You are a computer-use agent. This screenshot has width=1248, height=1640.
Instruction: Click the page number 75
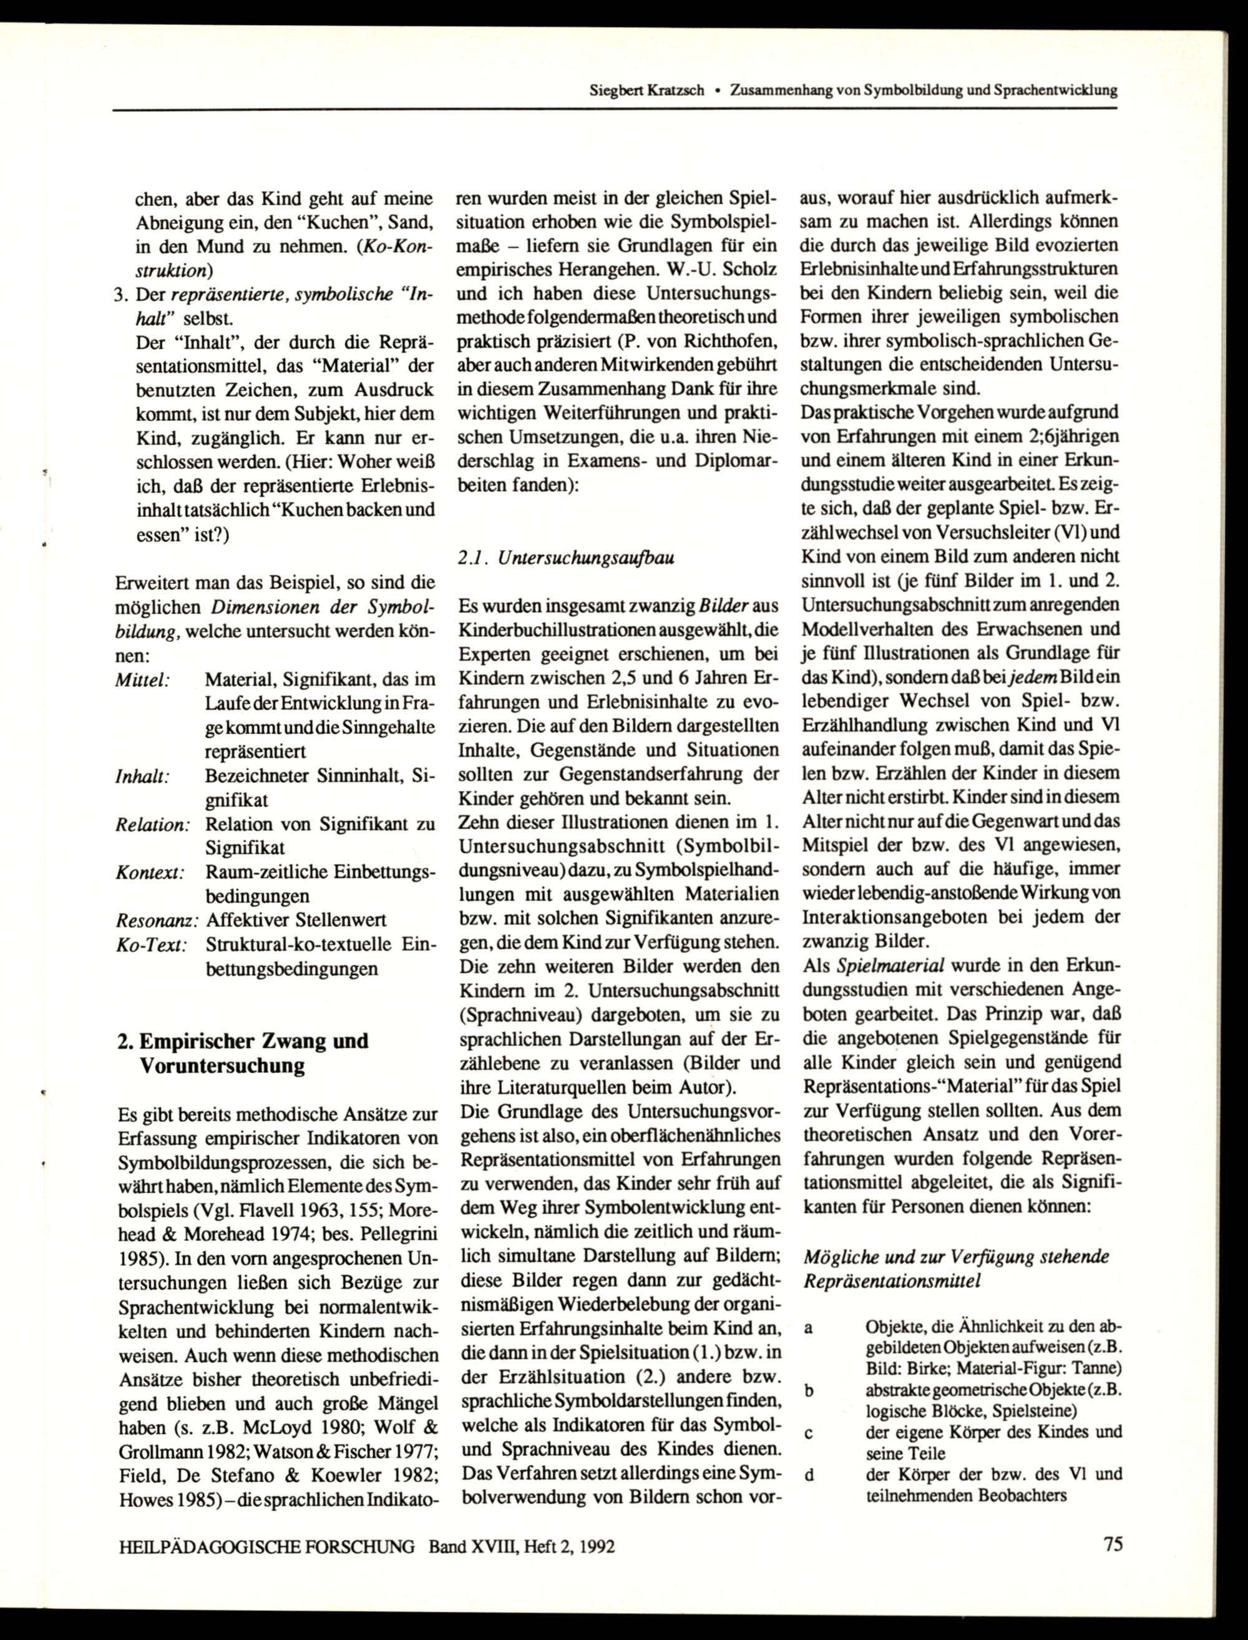(x=1112, y=1545)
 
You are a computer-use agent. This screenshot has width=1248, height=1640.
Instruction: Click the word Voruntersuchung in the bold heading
(x=222, y=1066)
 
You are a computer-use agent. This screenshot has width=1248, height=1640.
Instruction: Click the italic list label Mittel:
(x=144, y=679)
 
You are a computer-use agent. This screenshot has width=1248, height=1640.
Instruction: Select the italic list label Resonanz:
(x=157, y=921)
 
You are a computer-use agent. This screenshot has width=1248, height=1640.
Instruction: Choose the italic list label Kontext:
(x=150, y=872)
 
